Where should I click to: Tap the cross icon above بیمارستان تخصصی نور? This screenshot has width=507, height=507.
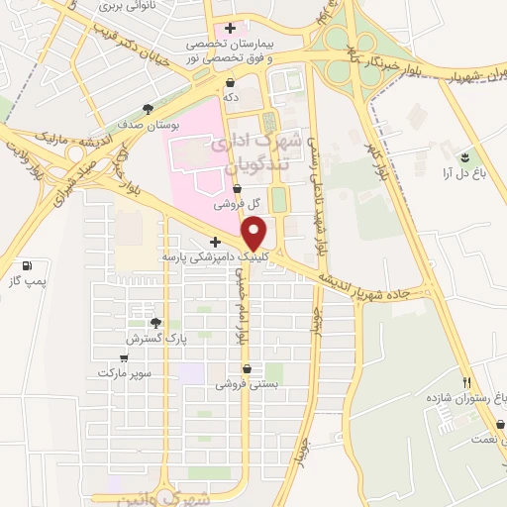[230, 28]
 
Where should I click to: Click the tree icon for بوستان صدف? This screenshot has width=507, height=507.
[148, 109]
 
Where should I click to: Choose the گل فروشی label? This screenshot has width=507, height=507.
[242, 203]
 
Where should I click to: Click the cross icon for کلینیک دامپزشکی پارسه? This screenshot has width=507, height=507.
[215, 242]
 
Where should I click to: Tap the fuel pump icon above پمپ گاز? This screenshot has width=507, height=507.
[26, 266]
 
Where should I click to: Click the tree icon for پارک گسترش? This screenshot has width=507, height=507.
[154, 323]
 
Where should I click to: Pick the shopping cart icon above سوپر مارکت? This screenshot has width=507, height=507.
[124, 359]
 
